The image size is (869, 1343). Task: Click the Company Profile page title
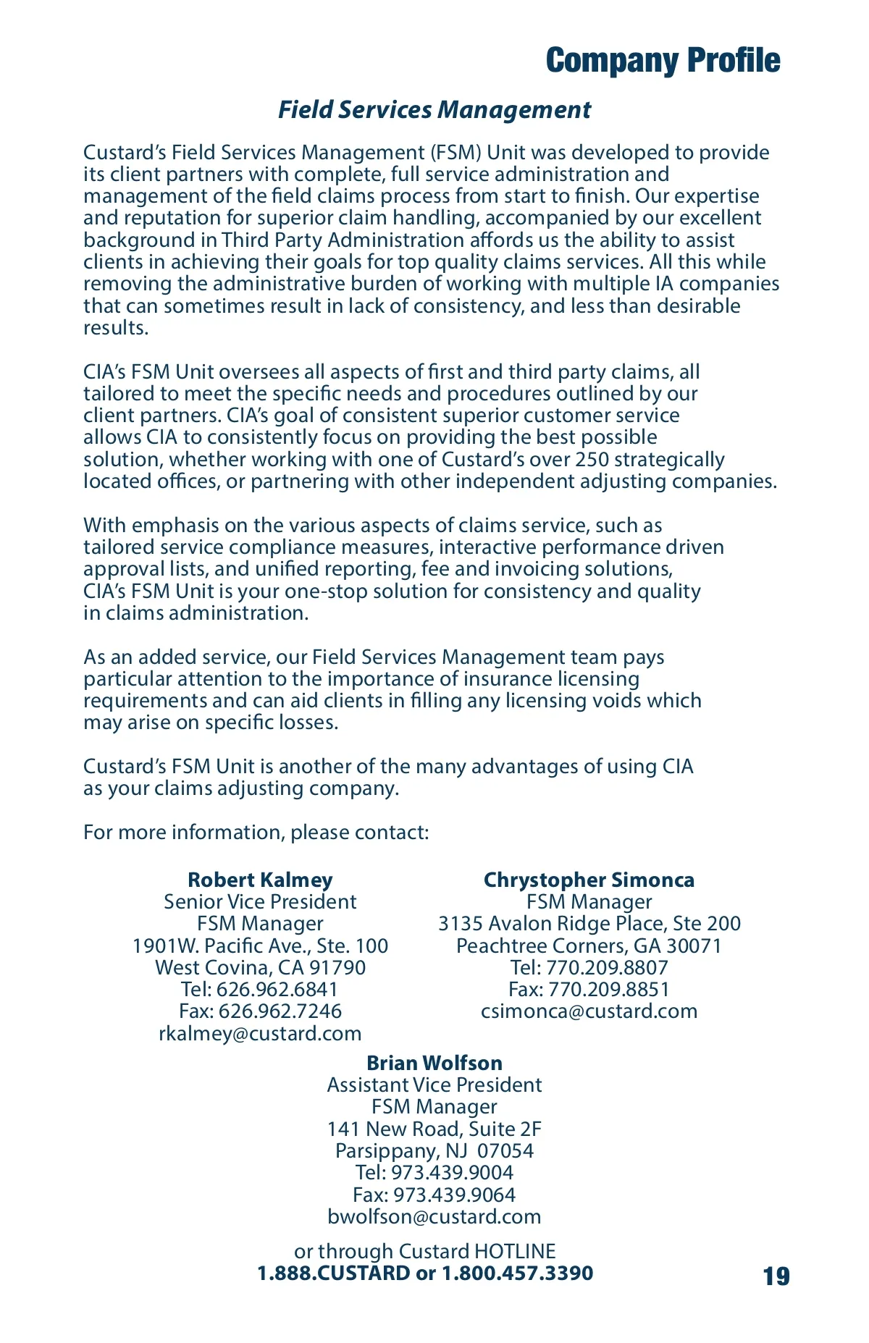663,61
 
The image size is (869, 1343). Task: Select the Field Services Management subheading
434,110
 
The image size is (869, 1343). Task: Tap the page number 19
776,1276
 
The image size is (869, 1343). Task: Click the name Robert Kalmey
260,880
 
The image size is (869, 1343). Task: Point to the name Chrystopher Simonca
589,880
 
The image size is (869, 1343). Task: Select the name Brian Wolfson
434,1063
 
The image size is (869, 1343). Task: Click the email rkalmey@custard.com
260,1033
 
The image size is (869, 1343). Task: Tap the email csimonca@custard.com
589,1011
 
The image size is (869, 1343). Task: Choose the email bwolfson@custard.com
434,1216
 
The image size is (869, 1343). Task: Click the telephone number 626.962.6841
277,990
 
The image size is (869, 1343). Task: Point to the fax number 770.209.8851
608,990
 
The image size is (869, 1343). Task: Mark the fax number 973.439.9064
454,1195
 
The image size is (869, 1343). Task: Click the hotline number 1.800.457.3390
517,1273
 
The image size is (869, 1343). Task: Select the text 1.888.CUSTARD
334,1273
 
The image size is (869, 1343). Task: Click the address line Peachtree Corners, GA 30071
589,946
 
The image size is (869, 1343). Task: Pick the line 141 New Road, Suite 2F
434,1129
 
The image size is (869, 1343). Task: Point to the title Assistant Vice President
434,1085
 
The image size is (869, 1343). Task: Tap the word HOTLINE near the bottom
515,1251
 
